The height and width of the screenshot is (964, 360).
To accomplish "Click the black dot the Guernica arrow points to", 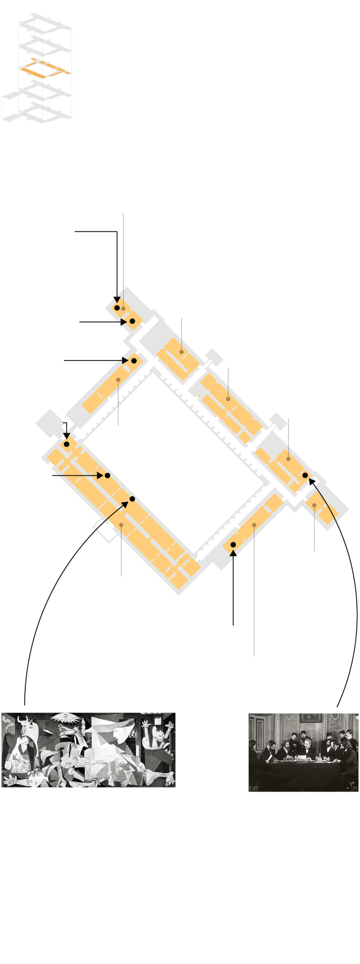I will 132,499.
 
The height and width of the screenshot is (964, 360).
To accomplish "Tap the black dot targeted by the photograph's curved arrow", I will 305,476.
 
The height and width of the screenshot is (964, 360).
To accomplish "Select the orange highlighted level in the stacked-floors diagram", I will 45,69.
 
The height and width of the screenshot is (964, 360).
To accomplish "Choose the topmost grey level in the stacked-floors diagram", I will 45,24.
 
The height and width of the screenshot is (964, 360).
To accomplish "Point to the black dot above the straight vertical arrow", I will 233,545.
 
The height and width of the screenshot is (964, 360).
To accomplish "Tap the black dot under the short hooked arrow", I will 67,444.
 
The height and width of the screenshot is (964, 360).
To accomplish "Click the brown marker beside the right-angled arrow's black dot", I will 124,308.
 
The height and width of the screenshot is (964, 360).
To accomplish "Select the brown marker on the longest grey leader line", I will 254,524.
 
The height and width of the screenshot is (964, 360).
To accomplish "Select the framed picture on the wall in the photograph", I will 308,717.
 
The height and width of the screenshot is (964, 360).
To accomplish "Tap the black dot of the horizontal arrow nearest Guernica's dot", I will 107,476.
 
